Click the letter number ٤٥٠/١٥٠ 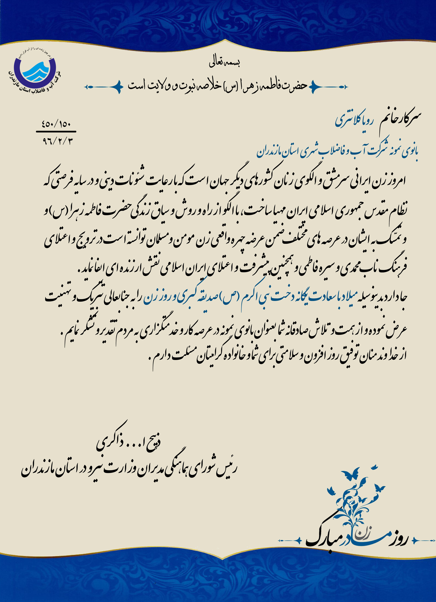point(56,124)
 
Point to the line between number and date point(56,132)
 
